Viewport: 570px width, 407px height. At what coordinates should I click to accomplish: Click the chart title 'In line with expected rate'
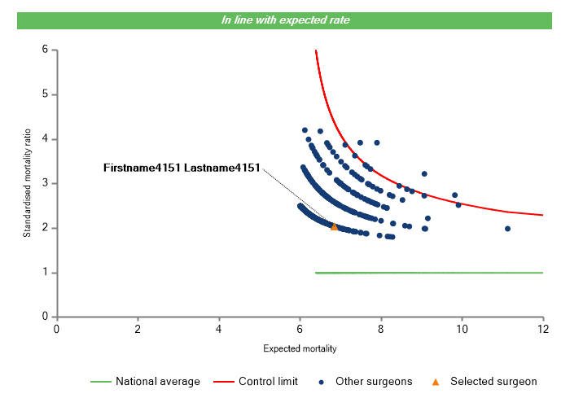coord(285,20)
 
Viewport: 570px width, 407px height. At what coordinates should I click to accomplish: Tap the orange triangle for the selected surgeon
coord(334,226)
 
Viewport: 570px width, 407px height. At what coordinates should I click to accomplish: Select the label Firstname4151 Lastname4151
coord(182,168)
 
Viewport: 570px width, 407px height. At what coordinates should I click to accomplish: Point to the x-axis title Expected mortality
coord(300,349)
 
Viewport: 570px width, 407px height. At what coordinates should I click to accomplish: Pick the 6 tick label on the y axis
coord(45,50)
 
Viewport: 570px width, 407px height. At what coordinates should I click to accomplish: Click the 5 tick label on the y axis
coord(45,94)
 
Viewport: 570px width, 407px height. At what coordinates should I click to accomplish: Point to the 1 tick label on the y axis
coord(45,273)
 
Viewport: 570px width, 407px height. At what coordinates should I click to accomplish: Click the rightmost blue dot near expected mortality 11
coord(507,229)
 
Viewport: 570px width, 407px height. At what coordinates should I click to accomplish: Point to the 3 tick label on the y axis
coord(45,183)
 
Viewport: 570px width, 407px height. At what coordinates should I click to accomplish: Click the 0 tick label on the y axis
coord(45,317)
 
